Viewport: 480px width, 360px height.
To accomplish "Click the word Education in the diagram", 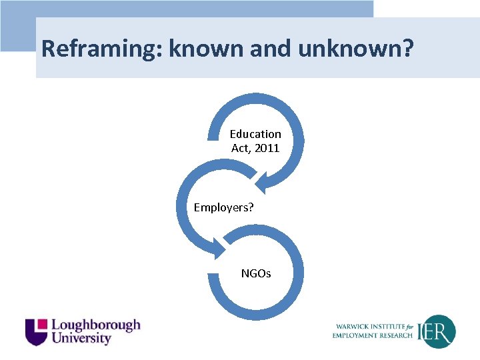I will tap(255, 134).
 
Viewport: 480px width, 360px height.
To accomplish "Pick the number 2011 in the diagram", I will tap(267, 148).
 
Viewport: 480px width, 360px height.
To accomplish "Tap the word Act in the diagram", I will tap(240, 148).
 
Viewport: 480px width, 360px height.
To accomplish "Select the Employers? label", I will tap(223, 207).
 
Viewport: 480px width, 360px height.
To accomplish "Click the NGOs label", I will tap(256, 273).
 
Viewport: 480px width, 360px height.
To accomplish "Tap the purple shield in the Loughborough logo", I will tap(36, 331).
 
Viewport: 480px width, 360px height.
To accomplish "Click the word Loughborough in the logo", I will tap(96, 325).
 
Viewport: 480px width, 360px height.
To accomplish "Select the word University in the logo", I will tap(81, 339).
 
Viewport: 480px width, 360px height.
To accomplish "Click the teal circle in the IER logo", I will tap(440, 331).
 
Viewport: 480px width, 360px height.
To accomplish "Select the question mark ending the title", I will tap(408, 49).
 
